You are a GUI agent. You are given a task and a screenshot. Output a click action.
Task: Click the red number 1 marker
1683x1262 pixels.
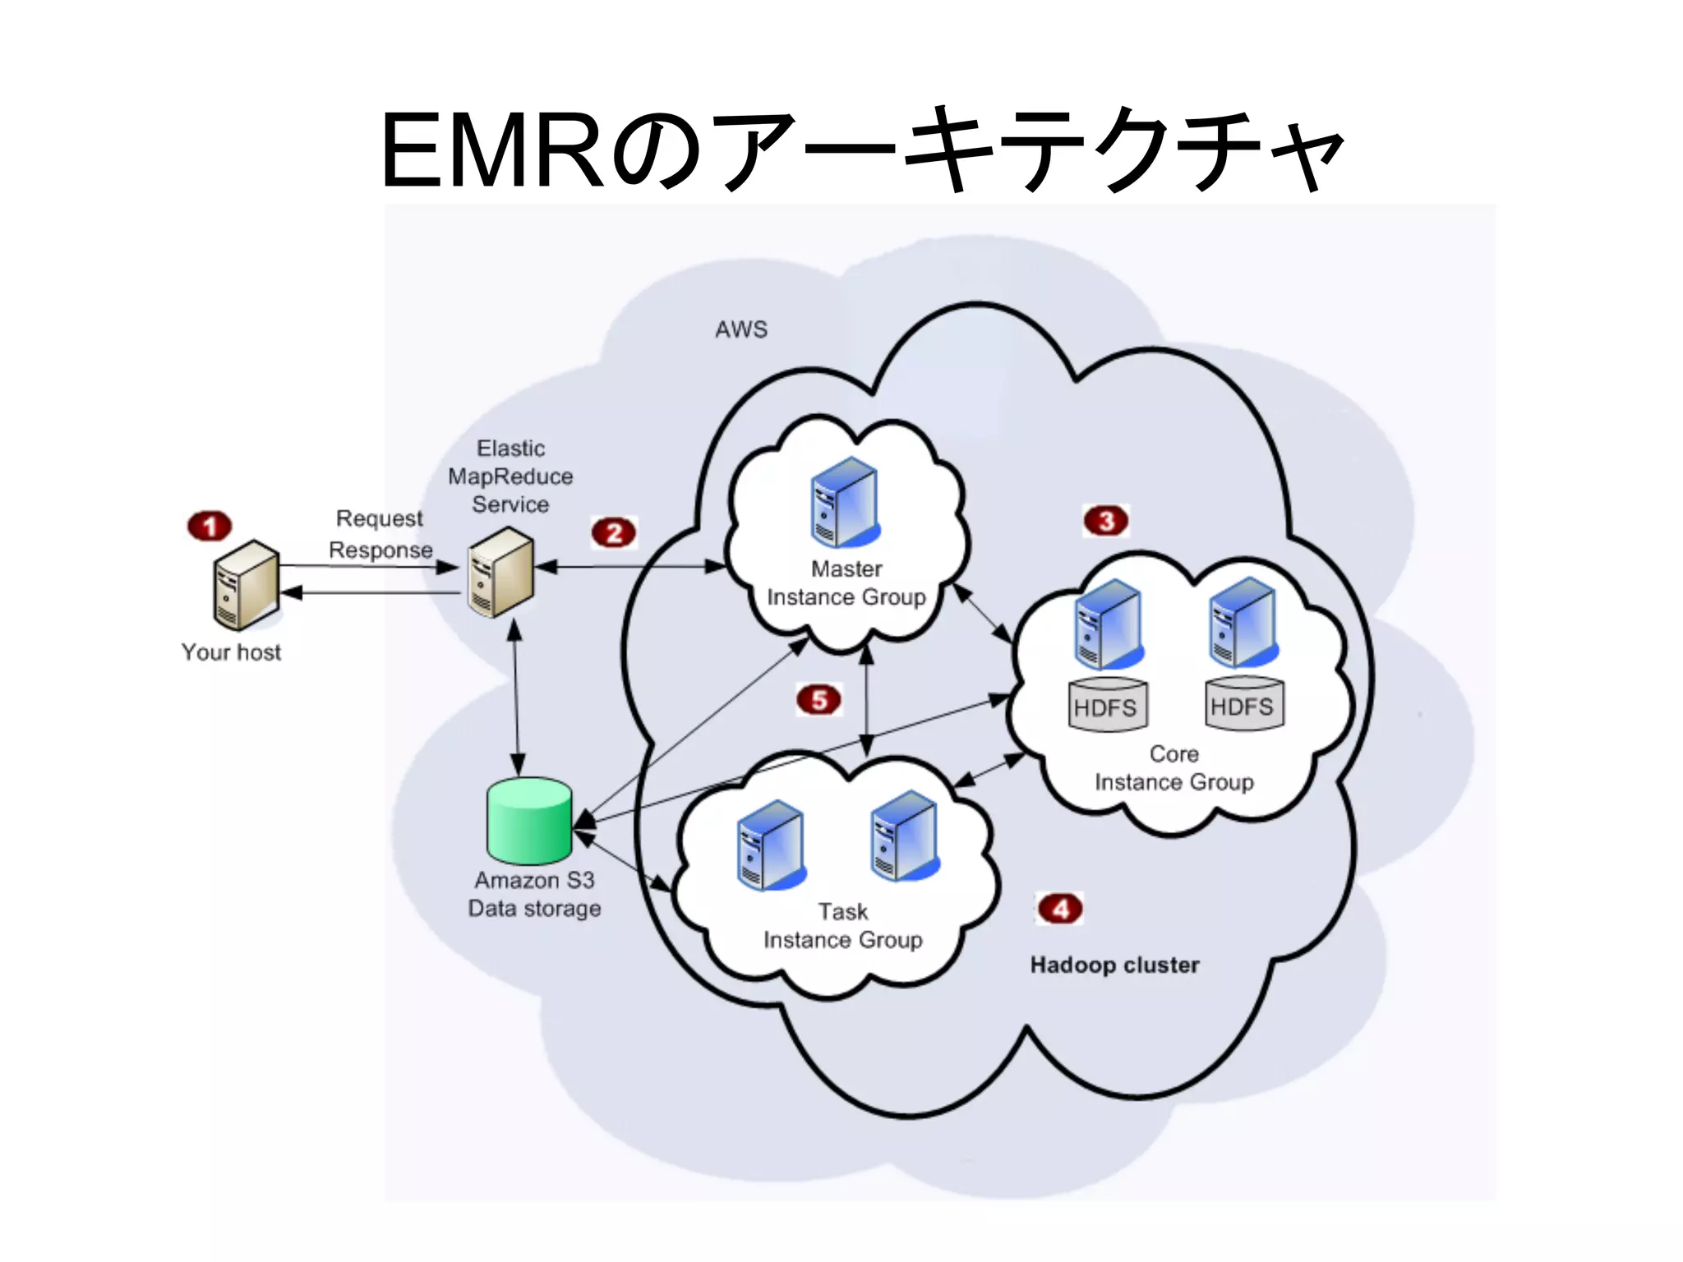click(x=210, y=526)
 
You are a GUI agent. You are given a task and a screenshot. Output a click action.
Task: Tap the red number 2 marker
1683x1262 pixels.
click(x=614, y=533)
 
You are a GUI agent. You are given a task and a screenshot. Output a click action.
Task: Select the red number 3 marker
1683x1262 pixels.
click(x=1106, y=521)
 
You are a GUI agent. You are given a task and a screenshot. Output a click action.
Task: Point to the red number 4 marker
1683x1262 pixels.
click(x=1060, y=909)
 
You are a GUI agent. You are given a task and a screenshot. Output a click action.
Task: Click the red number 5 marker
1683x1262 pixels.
click(x=818, y=700)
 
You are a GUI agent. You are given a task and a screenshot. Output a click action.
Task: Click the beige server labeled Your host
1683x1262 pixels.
click(x=246, y=584)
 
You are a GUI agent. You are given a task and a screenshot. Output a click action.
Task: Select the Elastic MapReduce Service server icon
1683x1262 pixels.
click(x=501, y=572)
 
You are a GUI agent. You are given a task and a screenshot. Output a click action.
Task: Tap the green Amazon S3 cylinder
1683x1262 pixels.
click(x=529, y=821)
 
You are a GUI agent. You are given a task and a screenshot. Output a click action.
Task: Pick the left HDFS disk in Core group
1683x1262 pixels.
click(x=1107, y=705)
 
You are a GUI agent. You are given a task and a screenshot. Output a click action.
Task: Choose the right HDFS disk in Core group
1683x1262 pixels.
click(x=1243, y=703)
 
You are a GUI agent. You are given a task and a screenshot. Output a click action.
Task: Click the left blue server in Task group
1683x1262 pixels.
click(x=771, y=845)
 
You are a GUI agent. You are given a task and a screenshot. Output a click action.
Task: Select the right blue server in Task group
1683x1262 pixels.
click(x=905, y=836)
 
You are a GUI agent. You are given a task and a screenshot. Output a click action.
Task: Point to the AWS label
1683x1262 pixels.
click(x=741, y=329)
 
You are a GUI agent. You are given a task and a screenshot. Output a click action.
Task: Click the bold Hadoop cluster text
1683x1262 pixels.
click(x=1114, y=965)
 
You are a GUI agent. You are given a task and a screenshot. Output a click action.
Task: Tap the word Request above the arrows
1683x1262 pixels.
click(x=379, y=518)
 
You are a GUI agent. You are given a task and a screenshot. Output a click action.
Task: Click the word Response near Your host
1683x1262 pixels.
click(x=380, y=550)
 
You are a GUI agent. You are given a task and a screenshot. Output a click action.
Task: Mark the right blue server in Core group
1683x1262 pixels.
click(x=1243, y=622)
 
